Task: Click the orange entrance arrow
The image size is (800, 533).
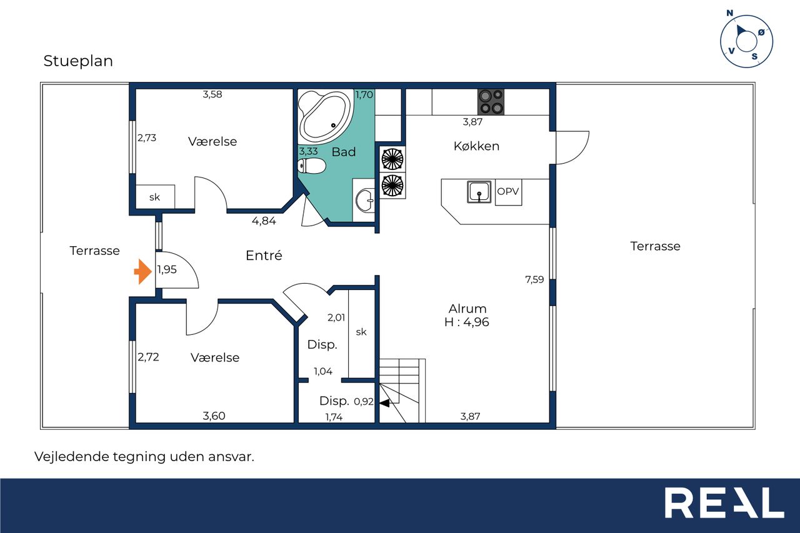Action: click(x=143, y=272)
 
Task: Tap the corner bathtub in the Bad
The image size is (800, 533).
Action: click(x=325, y=117)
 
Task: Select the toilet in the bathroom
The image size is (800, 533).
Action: click(x=312, y=166)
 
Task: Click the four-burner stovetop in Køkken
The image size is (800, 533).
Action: click(x=491, y=102)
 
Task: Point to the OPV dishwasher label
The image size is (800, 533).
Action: click(x=508, y=191)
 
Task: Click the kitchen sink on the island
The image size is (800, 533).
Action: click(x=479, y=192)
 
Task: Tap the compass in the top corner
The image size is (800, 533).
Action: click(x=746, y=41)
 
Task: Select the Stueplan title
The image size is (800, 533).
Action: click(x=78, y=61)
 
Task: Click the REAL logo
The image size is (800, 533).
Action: click(x=724, y=502)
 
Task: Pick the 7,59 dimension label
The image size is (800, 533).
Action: click(x=534, y=279)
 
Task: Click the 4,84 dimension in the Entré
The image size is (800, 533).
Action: click(x=264, y=221)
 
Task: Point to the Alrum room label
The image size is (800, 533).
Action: click(x=467, y=309)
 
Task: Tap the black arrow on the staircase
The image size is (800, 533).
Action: click(x=384, y=404)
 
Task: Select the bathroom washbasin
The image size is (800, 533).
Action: click(x=365, y=201)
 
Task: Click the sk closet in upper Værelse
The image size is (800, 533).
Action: click(x=155, y=197)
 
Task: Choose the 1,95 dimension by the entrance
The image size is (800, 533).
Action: click(x=167, y=269)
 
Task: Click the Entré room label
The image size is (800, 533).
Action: click(x=264, y=256)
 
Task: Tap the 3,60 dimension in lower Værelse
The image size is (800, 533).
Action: click(x=214, y=416)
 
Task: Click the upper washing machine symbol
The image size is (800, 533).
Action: click(x=392, y=159)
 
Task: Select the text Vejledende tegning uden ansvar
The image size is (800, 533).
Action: click(x=144, y=457)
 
